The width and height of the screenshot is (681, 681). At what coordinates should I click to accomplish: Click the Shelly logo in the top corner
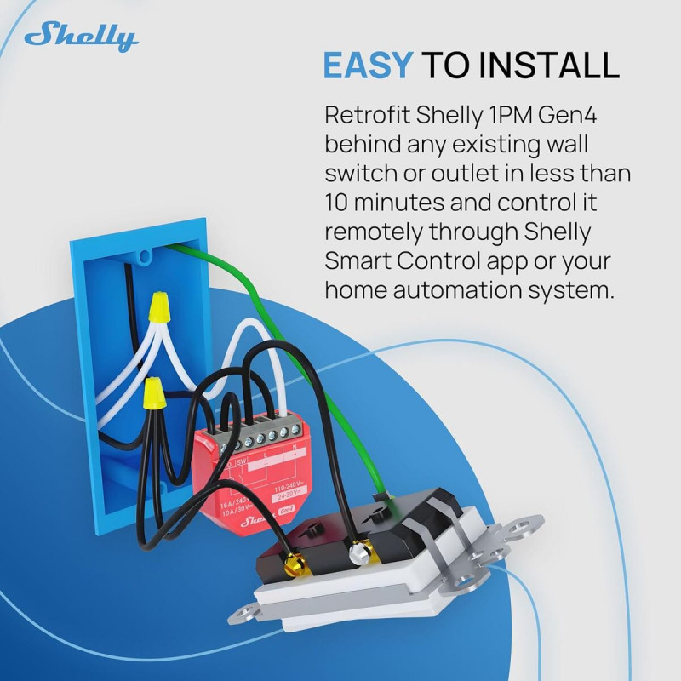(x=81, y=37)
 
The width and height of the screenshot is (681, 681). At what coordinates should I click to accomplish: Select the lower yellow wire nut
(x=154, y=394)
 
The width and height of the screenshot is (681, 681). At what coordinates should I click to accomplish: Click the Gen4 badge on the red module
(x=287, y=512)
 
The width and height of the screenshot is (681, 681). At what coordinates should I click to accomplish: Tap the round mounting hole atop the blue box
(x=146, y=254)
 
